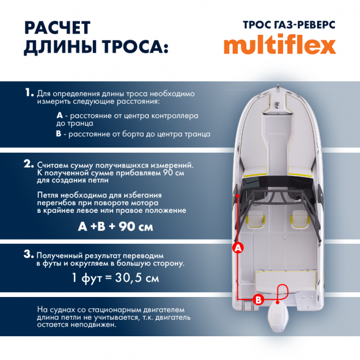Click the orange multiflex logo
279,45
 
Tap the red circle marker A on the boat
238,247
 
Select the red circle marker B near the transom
258,299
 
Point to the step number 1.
29,93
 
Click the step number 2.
29,164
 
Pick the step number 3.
29,254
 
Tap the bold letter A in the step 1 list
59,115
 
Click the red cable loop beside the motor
282,292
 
